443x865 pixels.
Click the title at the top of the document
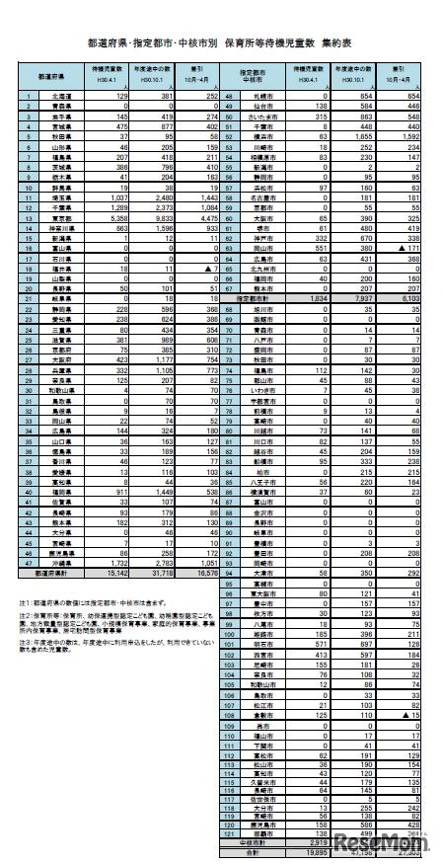pyautogui.click(x=221, y=43)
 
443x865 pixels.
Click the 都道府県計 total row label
pyautogui.click(x=44, y=571)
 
